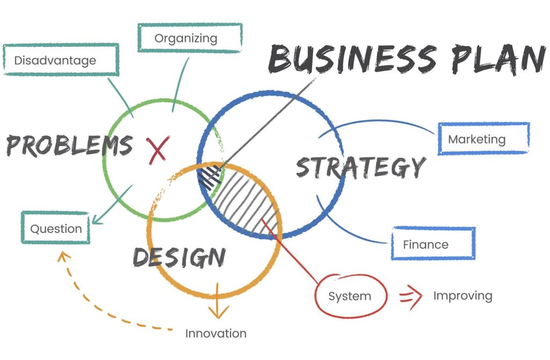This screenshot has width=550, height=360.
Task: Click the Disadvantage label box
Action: pos(61,60)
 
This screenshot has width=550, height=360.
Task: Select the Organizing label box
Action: pos(190,38)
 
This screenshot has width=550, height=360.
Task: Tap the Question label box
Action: pos(56,228)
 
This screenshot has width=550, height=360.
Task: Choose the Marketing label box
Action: pos(484,139)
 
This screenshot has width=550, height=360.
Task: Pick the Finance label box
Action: pos(433,244)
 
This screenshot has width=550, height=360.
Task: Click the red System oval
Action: pos(350,296)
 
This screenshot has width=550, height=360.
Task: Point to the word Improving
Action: pos(462,296)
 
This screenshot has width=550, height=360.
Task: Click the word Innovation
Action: pos(216,333)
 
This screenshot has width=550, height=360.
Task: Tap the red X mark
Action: pos(158,150)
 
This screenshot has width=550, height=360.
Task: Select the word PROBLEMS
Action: pos(69,145)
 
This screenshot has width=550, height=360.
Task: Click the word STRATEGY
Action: pos(361,167)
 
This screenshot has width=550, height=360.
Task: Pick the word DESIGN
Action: pos(179,257)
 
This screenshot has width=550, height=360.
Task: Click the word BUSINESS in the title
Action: pos(352,59)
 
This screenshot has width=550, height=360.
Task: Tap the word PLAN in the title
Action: pos(498,59)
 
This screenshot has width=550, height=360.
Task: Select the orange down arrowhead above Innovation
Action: pos(218,311)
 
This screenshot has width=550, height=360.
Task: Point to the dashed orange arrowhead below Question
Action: pos(63,256)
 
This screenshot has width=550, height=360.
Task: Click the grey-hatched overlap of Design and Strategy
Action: pos(245,204)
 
